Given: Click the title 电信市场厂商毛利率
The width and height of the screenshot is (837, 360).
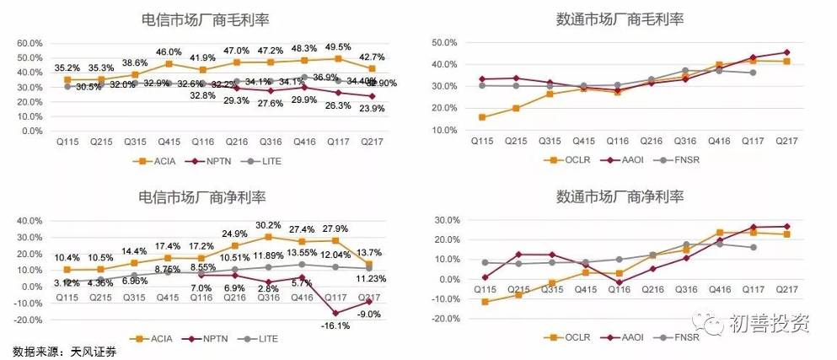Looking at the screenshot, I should click(x=211, y=19).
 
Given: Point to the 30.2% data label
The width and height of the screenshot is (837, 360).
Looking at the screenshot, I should click(x=268, y=225).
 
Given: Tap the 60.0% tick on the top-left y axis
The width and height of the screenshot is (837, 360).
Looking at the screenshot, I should click(x=30, y=43).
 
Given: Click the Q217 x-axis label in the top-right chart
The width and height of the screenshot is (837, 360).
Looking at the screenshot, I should click(x=787, y=142).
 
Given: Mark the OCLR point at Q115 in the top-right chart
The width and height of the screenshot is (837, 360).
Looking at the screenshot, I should click(x=480, y=117).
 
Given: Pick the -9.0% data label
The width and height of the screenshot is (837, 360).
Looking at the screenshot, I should click(x=369, y=314).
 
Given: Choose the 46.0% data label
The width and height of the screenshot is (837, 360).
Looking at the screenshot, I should click(x=169, y=52).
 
